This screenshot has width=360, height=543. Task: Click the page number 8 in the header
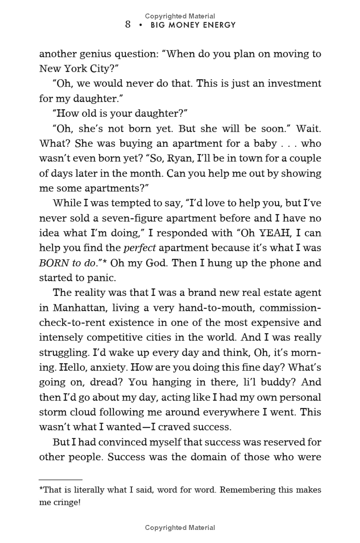coord(128,25)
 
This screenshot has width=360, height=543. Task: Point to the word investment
coord(293,83)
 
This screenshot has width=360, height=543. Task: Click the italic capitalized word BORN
coord(54,262)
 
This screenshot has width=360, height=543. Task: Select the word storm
coord(53,412)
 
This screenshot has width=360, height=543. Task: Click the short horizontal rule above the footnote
coord(60,480)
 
